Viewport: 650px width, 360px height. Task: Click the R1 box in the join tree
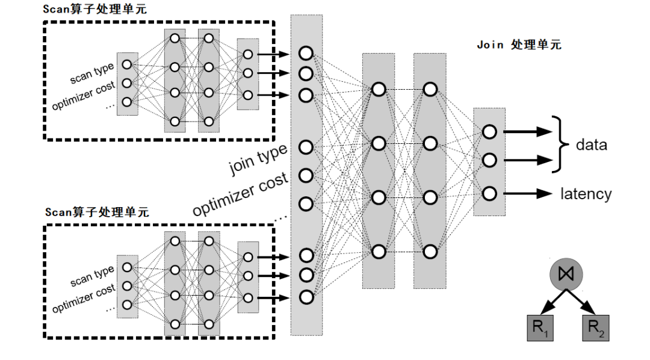click(x=540, y=328)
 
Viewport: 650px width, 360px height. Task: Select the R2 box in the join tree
click(x=595, y=328)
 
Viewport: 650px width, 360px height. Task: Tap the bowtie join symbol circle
click(x=566, y=274)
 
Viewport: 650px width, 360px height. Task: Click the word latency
click(x=586, y=194)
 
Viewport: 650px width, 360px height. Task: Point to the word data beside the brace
click(x=591, y=145)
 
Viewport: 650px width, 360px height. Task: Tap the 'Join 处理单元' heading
click(x=519, y=45)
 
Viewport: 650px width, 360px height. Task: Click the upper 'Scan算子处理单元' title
click(x=94, y=9)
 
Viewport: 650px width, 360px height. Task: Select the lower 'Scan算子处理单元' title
click(x=97, y=212)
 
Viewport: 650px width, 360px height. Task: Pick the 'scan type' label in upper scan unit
click(x=91, y=73)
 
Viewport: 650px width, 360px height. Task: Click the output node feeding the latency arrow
click(x=489, y=193)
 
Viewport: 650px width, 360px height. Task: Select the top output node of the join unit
click(x=489, y=132)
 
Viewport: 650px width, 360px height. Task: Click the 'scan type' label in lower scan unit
click(x=91, y=277)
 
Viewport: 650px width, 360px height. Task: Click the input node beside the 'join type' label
click(x=306, y=147)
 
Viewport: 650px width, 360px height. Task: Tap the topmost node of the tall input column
click(x=306, y=53)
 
